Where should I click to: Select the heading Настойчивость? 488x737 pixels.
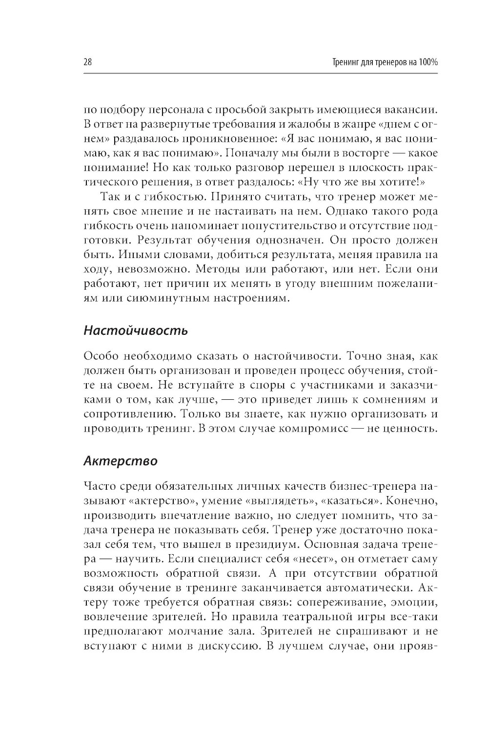(136, 330)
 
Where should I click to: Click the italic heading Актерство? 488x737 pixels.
(121, 461)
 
